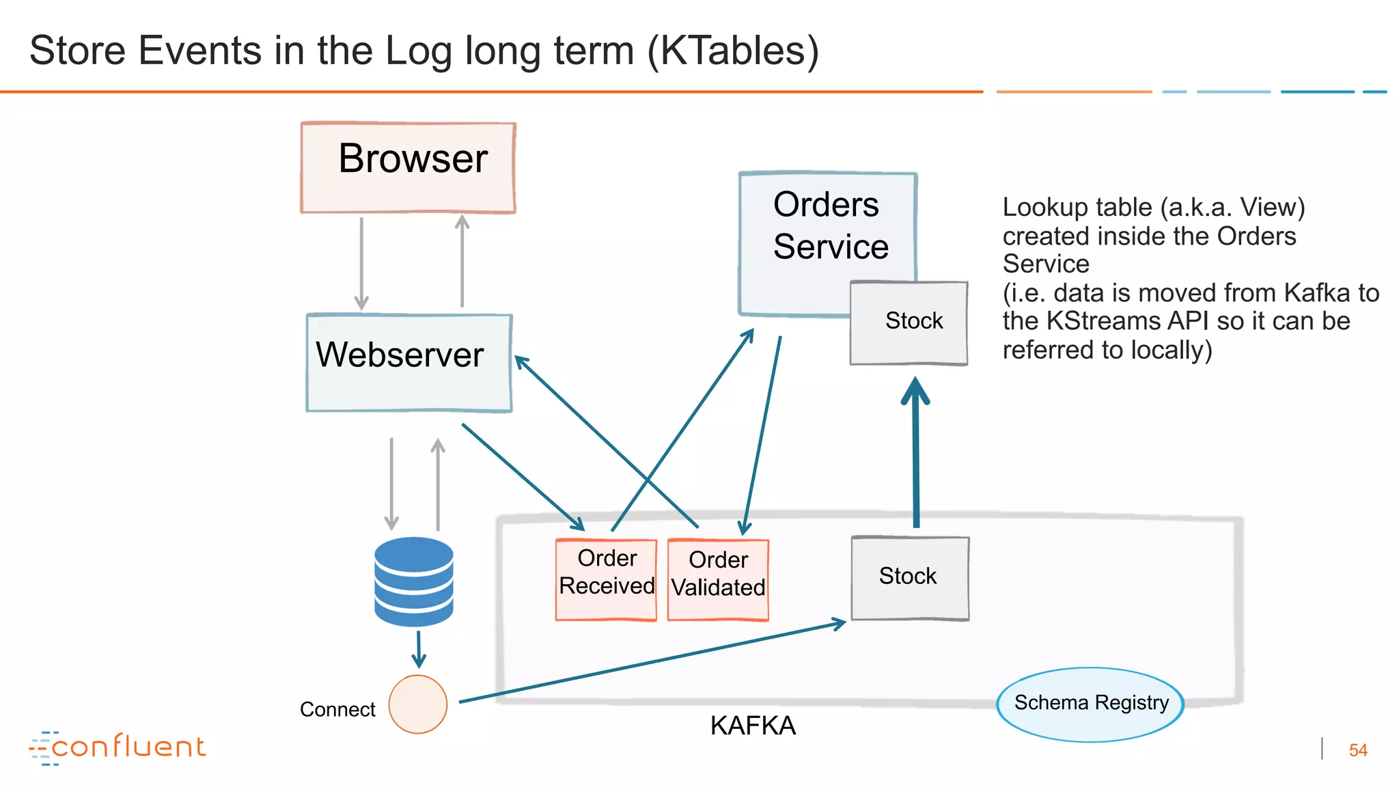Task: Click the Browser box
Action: [x=408, y=167]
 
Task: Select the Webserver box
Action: [x=408, y=362]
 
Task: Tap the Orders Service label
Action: [x=829, y=225]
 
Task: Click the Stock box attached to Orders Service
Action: [x=909, y=322]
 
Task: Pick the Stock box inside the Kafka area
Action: [x=909, y=577]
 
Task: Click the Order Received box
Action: [x=606, y=579]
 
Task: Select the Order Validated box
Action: [x=718, y=580]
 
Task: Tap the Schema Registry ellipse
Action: [x=1090, y=704]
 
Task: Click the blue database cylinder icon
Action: [x=414, y=581]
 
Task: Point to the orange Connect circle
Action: [x=417, y=704]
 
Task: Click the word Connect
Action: [x=337, y=710]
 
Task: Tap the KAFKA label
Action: [x=753, y=726]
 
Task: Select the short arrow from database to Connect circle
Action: [x=419, y=649]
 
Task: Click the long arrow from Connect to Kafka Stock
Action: [x=649, y=661]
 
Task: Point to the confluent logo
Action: [x=117, y=747]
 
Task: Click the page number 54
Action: [x=1357, y=750]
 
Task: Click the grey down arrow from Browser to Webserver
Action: [x=361, y=263]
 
